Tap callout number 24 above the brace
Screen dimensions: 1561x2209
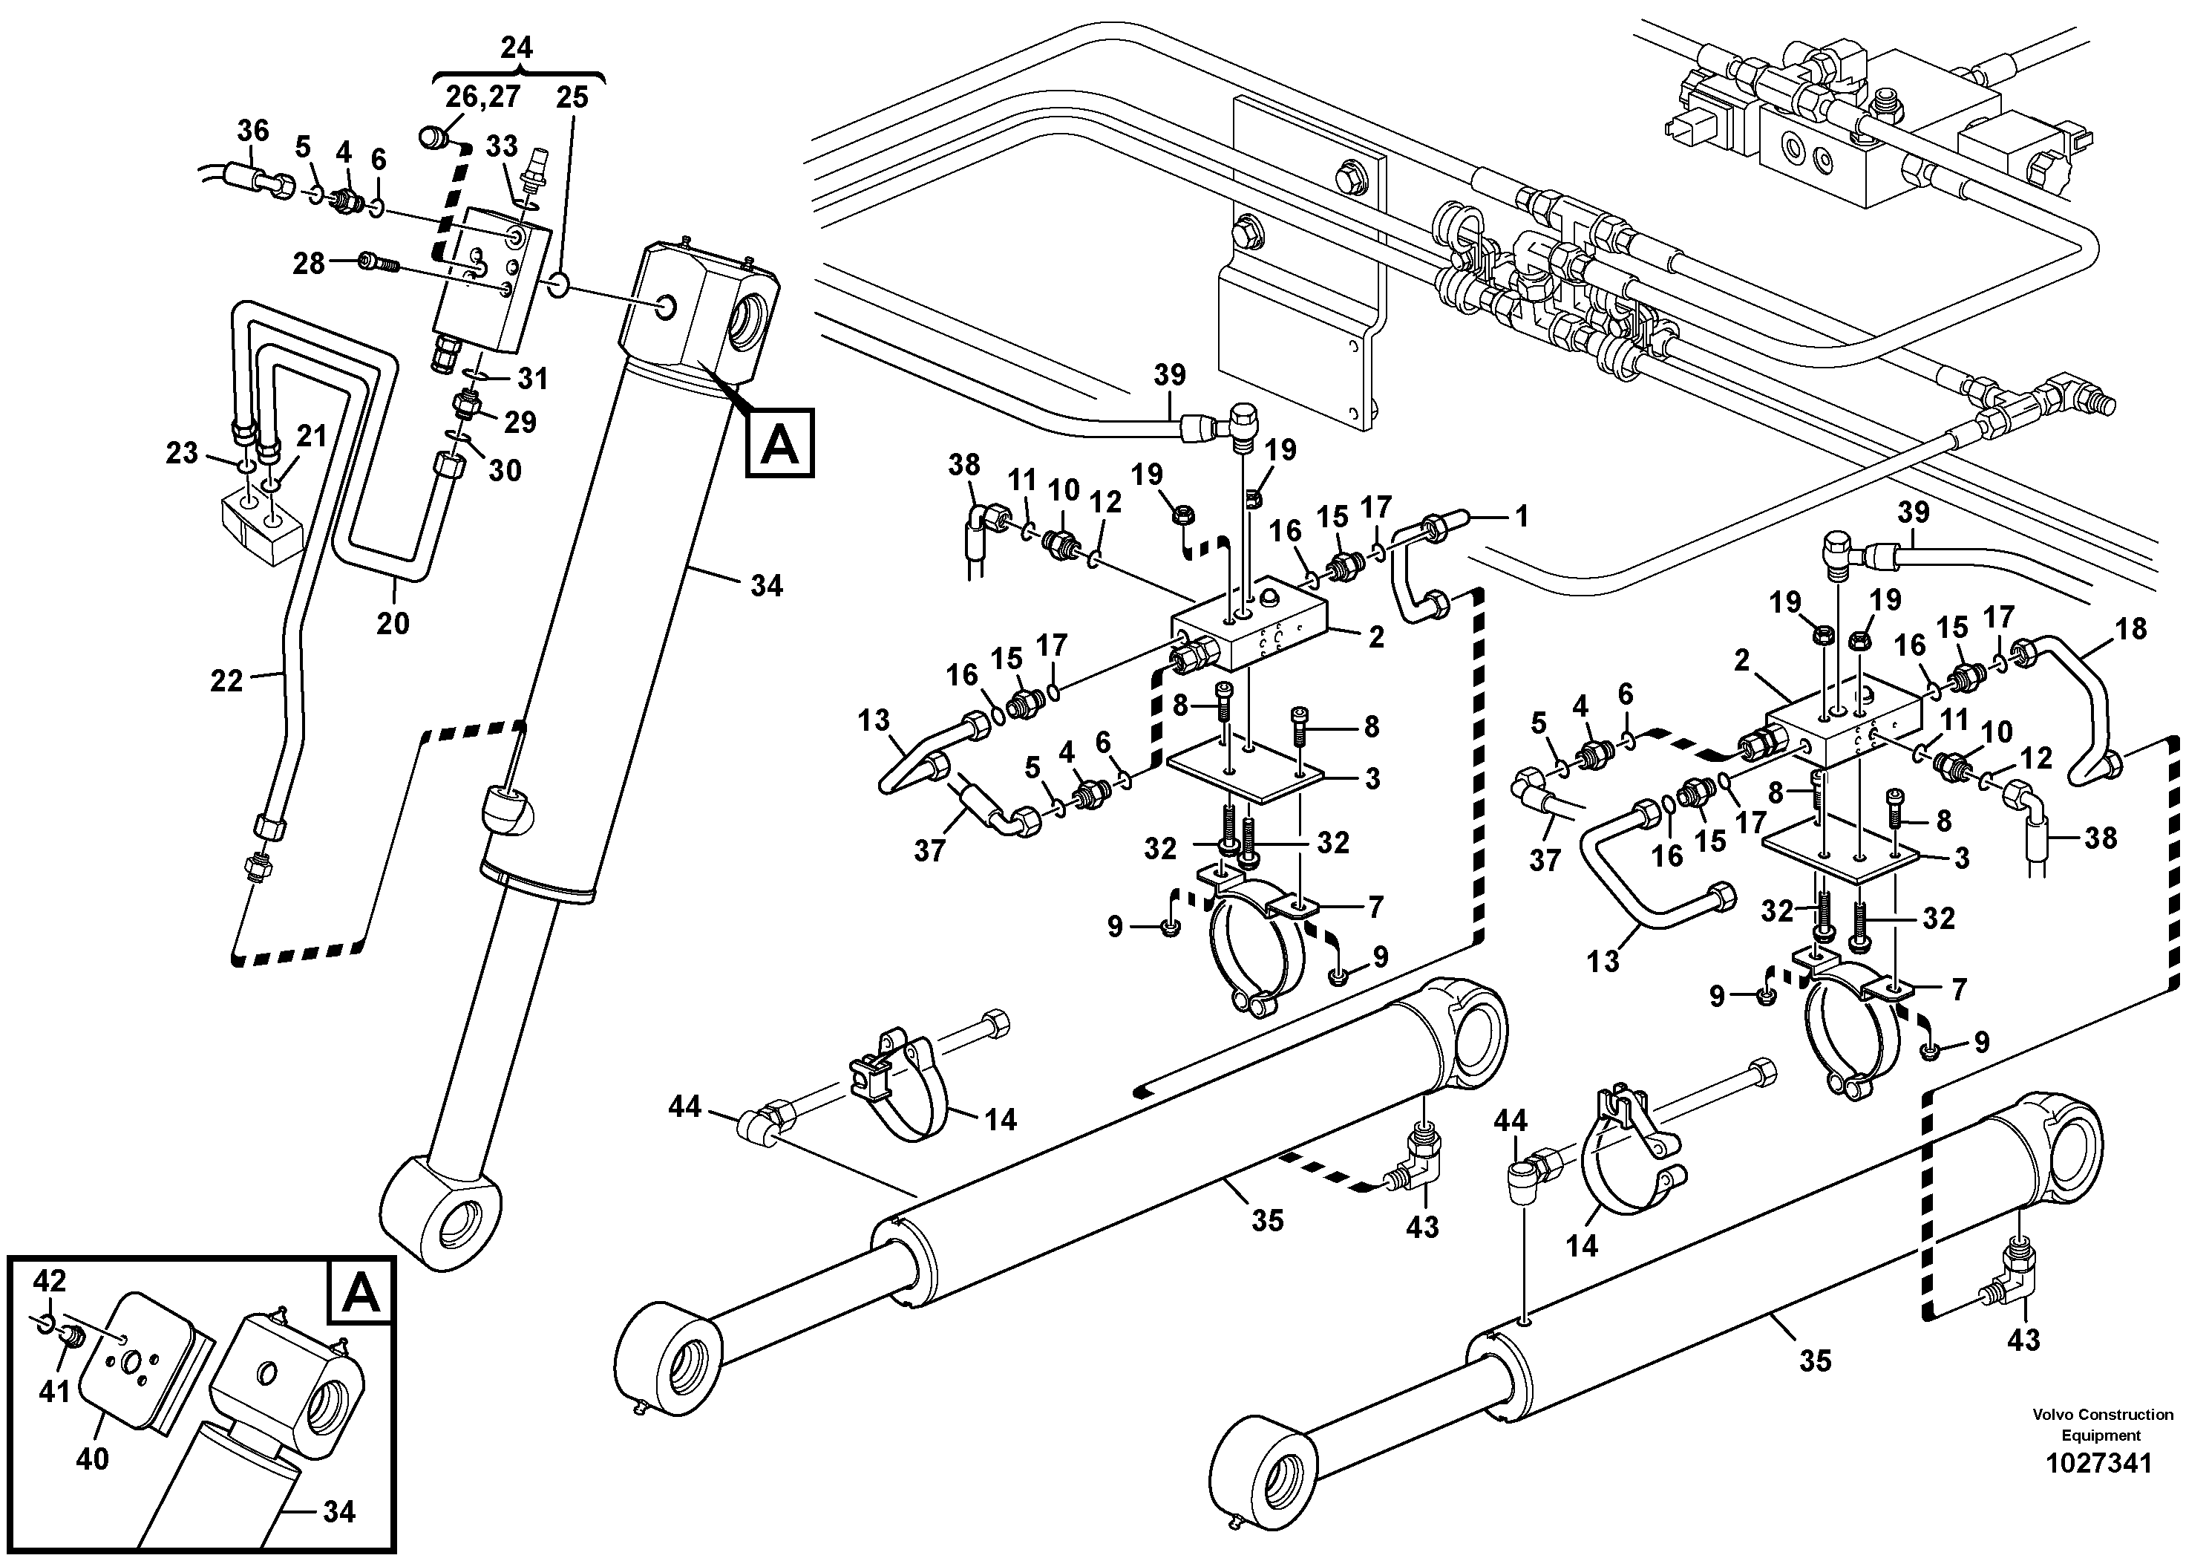pos(517,48)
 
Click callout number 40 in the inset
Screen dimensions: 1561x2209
pos(92,1460)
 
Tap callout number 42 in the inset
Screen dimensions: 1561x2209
pos(50,1281)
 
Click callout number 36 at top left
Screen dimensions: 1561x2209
pos(253,130)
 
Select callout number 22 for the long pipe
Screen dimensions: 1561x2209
pos(227,682)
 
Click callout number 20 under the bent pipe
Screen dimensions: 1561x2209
pos(393,624)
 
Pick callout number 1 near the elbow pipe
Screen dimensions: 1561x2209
pos(1521,517)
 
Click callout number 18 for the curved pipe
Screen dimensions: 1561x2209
pos(2132,630)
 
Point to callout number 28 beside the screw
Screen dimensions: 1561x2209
pos(309,263)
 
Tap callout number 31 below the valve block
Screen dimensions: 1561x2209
pos(532,378)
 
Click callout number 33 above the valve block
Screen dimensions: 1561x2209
pos(501,146)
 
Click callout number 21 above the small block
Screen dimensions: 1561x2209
pos(312,436)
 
